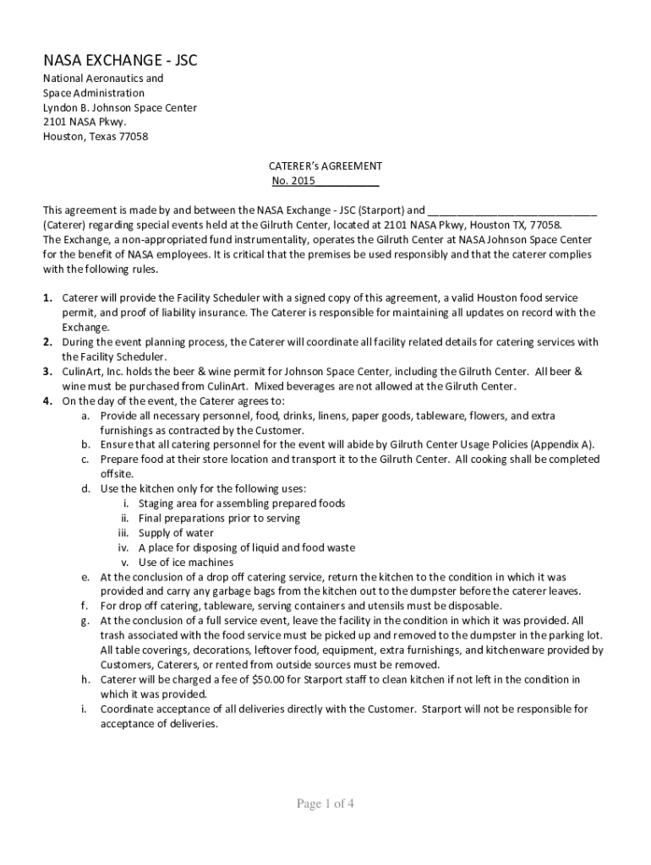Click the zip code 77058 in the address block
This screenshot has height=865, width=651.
coord(131,137)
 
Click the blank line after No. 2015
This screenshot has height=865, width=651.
coord(347,182)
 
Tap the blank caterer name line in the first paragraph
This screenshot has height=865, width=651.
coord(511,210)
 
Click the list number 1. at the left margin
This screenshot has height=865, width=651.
coord(48,298)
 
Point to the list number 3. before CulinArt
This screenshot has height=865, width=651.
coord(48,372)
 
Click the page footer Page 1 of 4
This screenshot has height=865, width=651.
coord(325,804)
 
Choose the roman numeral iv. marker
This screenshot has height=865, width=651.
coord(123,548)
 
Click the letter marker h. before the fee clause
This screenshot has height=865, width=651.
coord(85,679)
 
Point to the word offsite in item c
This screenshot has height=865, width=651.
coord(117,475)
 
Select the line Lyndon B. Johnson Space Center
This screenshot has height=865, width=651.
coord(120,108)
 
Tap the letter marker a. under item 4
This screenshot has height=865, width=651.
coord(85,416)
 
